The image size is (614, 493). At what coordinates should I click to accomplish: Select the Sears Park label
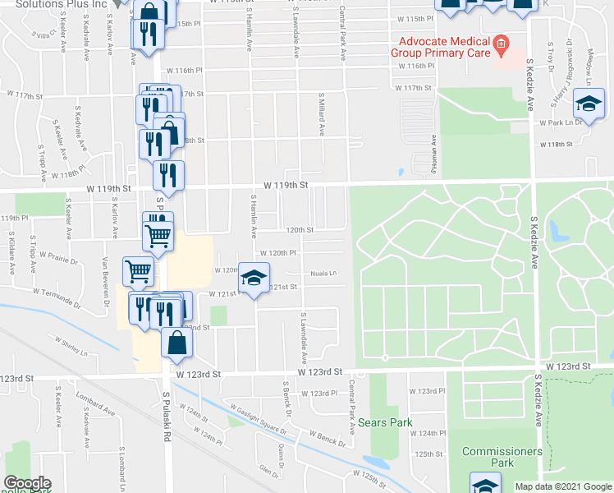click(384, 424)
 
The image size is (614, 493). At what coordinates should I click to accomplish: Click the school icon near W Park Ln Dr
click(588, 102)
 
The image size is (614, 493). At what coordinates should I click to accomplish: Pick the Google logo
click(27, 483)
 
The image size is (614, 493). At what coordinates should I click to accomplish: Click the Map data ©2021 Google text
click(563, 486)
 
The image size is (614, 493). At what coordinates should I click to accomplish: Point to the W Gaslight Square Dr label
click(257, 418)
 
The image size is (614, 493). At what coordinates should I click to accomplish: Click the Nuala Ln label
click(323, 274)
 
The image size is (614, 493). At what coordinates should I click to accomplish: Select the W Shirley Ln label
click(71, 345)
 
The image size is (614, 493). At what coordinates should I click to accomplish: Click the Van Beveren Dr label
click(105, 275)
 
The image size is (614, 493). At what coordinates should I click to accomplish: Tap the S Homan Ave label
click(432, 155)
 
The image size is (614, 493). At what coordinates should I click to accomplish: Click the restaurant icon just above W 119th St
click(168, 173)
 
